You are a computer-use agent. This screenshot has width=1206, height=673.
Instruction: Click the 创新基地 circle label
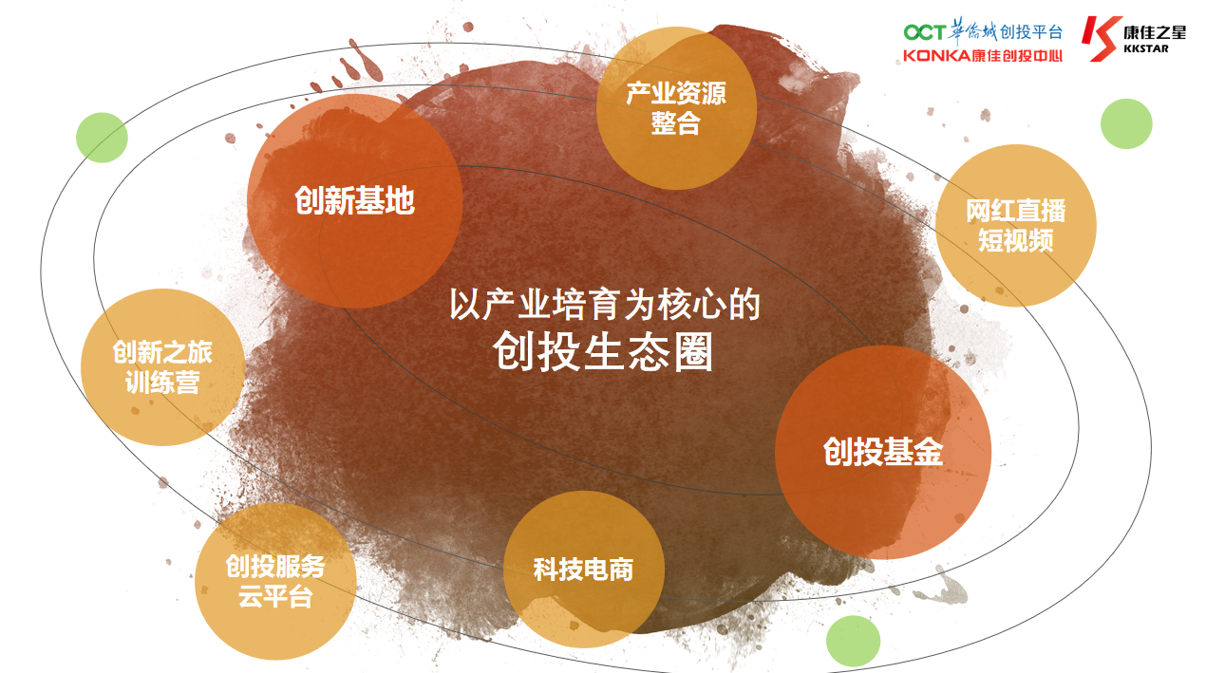(354, 200)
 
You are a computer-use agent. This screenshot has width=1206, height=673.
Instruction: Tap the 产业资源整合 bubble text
(676, 108)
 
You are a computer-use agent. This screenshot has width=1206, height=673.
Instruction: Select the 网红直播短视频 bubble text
(1015, 225)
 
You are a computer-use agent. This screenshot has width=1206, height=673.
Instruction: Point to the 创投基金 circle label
(883, 451)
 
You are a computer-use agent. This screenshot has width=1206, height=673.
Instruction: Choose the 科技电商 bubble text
(583, 570)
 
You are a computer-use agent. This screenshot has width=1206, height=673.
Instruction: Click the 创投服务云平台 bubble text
(275, 582)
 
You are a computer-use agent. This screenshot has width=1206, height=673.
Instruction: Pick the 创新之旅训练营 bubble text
(162, 367)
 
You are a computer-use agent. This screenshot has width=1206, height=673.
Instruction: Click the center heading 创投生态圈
(603, 352)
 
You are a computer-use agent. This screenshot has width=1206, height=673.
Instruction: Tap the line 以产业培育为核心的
(605, 305)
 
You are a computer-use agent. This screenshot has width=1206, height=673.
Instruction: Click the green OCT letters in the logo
(924, 32)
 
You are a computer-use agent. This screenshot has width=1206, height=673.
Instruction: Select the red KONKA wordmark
(937, 55)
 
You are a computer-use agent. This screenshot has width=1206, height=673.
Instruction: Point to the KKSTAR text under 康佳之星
(1145, 48)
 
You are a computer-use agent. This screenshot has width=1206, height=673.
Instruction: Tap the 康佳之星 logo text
(1155, 32)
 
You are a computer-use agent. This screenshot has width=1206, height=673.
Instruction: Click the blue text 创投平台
(1031, 31)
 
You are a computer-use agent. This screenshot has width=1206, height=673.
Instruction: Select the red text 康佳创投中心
(1017, 55)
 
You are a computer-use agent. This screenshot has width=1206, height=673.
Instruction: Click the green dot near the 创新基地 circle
(102, 138)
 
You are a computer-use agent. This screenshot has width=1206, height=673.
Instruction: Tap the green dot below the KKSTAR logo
(1126, 123)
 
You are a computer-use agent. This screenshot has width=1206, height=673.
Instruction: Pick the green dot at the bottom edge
(853, 642)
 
